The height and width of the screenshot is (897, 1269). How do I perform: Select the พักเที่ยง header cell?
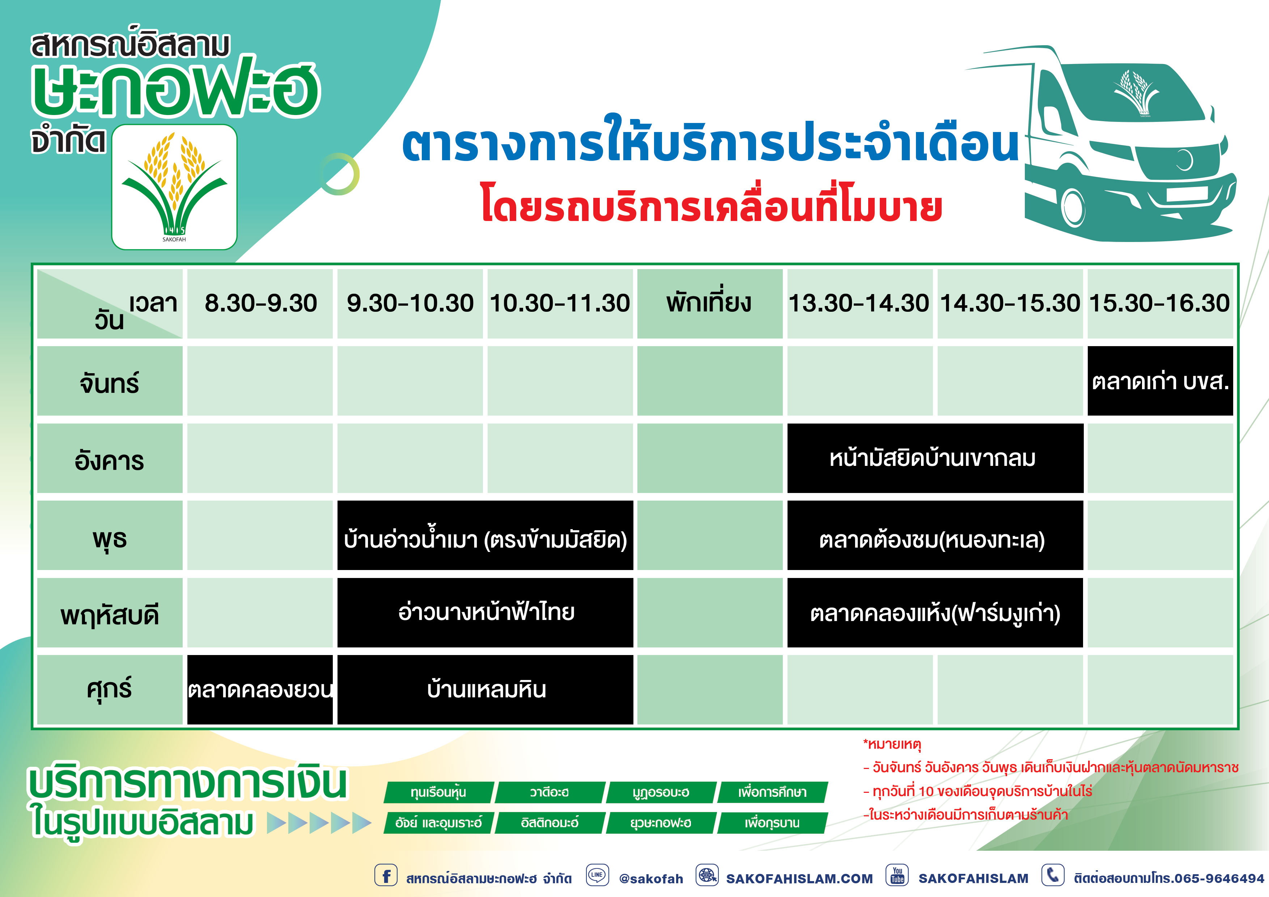pyautogui.click(x=710, y=303)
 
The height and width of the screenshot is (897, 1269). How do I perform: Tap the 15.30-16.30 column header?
pyautogui.click(x=1160, y=303)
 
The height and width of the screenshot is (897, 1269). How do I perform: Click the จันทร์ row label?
pyautogui.click(x=110, y=381)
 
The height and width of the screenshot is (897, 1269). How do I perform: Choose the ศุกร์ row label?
pyautogui.click(x=110, y=689)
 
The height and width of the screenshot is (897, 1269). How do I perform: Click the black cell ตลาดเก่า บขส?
pyautogui.click(x=1160, y=381)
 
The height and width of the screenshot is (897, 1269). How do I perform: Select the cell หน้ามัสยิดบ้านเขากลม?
pyautogui.click(x=935, y=458)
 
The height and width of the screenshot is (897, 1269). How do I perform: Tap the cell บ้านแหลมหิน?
pyautogui.click(x=485, y=689)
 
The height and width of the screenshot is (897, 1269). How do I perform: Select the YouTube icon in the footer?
pyautogui.click(x=897, y=875)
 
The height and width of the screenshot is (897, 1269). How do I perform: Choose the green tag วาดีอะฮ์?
pyautogui.click(x=549, y=792)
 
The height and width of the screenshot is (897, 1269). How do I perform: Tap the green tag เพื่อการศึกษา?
pyautogui.click(x=772, y=792)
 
